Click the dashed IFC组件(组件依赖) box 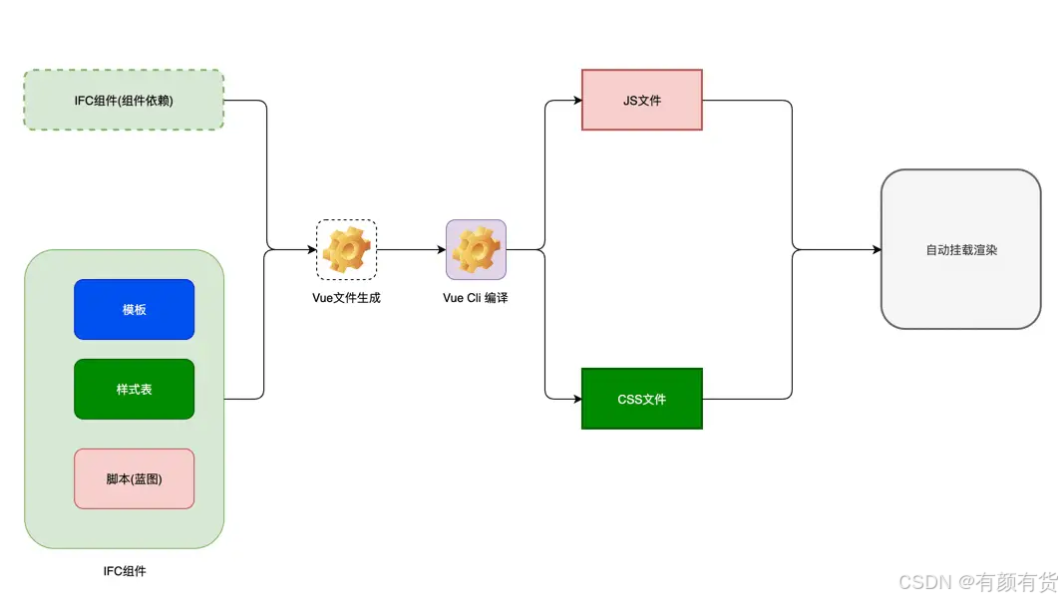pyautogui.click(x=124, y=100)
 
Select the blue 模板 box pyautogui.click(x=134, y=309)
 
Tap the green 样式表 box pyautogui.click(x=134, y=389)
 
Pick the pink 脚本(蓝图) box pyautogui.click(x=134, y=478)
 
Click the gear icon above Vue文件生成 pyautogui.click(x=346, y=250)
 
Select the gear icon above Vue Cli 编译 pyautogui.click(x=476, y=250)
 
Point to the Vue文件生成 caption pyautogui.click(x=346, y=298)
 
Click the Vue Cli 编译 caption pyautogui.click(x=476, y=298)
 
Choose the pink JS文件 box pyautogui.click(x=642, y=100)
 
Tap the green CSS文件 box pyautogui.click(x=642, y=399)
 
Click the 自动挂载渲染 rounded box pyautogui.click(x=961, y=249)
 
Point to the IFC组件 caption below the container pyautogui.click(x=125, y=571)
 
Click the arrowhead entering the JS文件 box pyautogui.click(x=577, y=101)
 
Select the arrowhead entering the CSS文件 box pyautogui.click(x=577, y=399)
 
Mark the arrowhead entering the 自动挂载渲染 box pyautogui.click(x=878, y=250)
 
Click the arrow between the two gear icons pyautogui.click(x=411, y=250)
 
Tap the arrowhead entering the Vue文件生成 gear pyautogui.click(x=312, y=250)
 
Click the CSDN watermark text pyautogui.click(x=978, y=581)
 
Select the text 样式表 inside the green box pyautogui.click(x=134, y=389)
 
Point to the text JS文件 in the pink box pyautogui.click(x=642, y=101)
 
